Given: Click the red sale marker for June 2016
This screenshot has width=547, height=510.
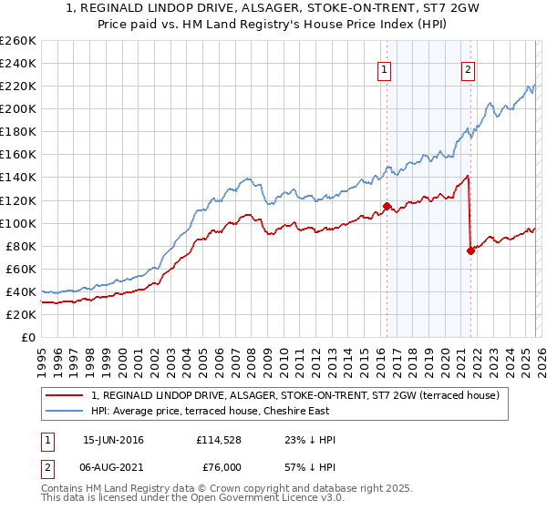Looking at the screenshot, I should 387,206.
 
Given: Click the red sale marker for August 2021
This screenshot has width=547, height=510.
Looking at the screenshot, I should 470,250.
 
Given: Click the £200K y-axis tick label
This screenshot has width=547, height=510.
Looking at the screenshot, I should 17,109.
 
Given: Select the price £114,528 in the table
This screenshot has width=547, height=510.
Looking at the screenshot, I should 219,440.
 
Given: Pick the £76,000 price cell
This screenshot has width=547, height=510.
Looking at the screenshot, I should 222,468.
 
